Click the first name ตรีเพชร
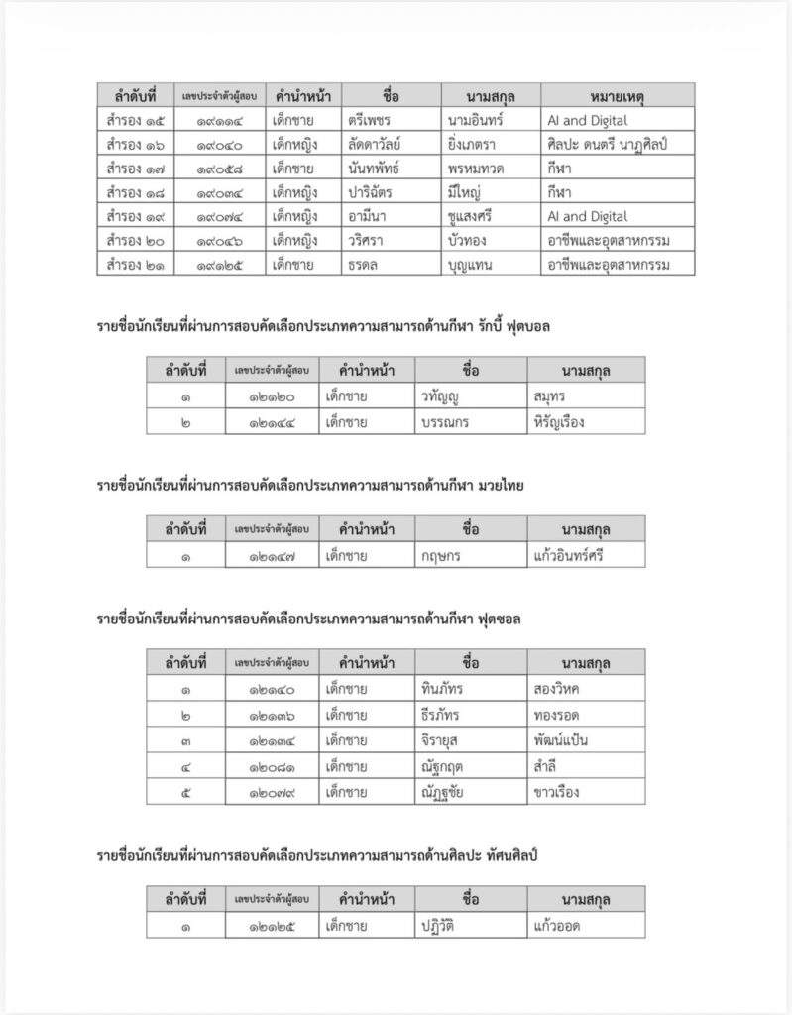pyautogui.click(x=369, y=119)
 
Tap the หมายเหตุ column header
pyautogui.click(x=617, y=95)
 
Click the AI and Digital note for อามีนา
pyautogui.click(x=587, y=216)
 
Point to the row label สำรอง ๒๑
pyautogui.click(x=133, y=265)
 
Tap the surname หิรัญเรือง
pyautogui.click(x=558, y=421)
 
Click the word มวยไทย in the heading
pyautogui.click(x=501, y=485)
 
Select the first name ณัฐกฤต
pyautogui.click(x=442, y=765)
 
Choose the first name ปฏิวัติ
pyautogui.click(x=442, y=926)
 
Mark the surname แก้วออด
pyautogui.click(x=555, y=926)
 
